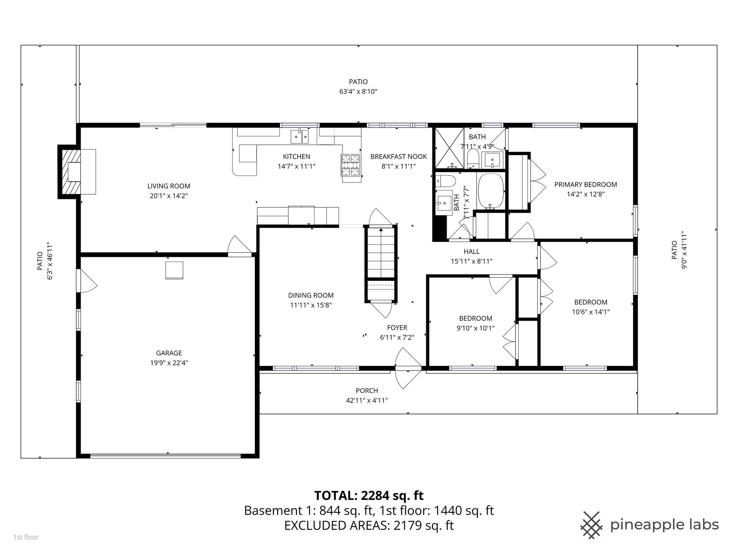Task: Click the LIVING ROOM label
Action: point(169,186)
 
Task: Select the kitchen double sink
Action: point(299,136)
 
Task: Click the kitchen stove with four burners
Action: point(350,165)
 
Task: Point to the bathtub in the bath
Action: point(490,191)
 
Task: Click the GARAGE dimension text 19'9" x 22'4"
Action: point(169,363)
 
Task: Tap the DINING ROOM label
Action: point(311,295)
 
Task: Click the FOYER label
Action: point(397,328)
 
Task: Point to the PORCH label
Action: point(367,391)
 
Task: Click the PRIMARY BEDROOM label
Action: point(585,185)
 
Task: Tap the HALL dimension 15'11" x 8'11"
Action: point(471,262)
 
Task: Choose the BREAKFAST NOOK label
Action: point(399,157)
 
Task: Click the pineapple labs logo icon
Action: point(592,525)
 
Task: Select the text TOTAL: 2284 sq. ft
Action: point(369,495)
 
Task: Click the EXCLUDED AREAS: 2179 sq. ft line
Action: point(369,525)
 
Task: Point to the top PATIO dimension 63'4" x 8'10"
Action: point(358,92)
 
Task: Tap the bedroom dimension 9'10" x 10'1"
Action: point(475,328)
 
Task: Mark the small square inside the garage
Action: point(174,270)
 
